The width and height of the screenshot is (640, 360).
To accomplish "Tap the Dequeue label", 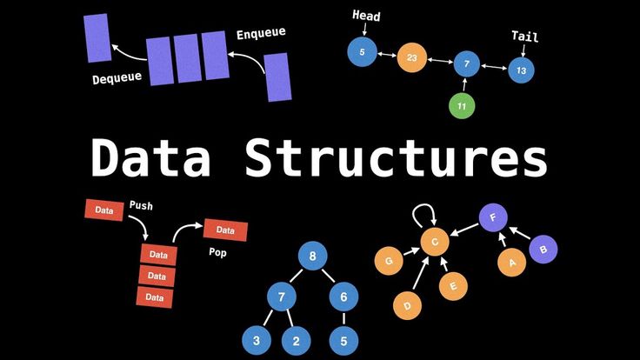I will [x=117, y=79].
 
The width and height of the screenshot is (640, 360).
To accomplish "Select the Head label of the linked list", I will [x=366, y=16].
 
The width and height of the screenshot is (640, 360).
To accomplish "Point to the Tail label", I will [x=524, y=37].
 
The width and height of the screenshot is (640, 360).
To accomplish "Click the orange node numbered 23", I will [x=413, y=58].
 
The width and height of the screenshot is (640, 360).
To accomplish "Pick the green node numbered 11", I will [x=462, y=106].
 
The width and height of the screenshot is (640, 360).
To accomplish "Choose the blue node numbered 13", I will [x=521, y=69].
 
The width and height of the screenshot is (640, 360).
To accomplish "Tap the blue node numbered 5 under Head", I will [x=362, y=52].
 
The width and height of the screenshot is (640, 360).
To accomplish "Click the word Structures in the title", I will [x=397, y=159].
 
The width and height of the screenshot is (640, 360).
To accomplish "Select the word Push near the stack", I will [x=142, y=205].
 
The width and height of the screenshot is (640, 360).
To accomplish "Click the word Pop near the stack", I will [x=217, y=253].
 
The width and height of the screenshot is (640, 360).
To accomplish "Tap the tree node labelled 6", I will [x=343, y=297].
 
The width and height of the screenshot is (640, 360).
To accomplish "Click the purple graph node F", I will [x=493, y=217].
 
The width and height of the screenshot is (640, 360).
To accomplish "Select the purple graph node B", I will [x=543, y=249].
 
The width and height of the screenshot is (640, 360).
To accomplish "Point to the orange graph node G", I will [x=389, y=259].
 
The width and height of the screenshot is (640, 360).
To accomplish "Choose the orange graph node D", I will [x=406, y=305].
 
